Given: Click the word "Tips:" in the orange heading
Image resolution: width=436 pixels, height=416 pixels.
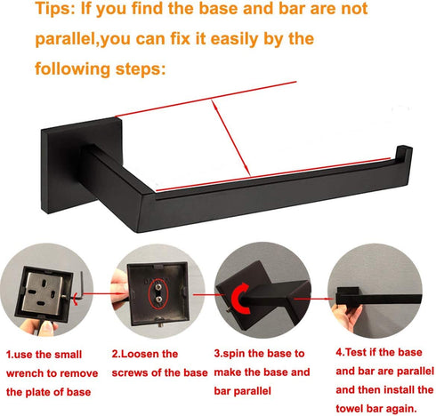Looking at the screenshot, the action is pos(55,8).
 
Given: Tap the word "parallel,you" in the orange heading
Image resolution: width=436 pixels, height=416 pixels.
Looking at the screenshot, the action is pos(83,39).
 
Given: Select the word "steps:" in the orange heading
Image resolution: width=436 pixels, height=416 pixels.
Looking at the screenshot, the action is pos(141,69).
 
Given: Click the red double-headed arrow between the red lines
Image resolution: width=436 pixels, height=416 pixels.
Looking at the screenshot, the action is pos(230,138).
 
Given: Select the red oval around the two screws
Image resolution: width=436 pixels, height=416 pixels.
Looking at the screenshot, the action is pos(158,293).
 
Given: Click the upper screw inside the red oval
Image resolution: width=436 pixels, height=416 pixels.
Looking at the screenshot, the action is pos(158,287).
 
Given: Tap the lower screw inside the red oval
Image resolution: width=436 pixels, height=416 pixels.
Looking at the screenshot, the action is pos(159,299).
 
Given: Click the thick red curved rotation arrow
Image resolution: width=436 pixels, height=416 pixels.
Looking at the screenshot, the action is pos(239,299).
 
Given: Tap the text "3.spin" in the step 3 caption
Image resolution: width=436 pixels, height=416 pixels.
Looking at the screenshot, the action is pos(230,354).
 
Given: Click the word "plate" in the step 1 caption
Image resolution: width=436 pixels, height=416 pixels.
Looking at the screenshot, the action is pos(37,392).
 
